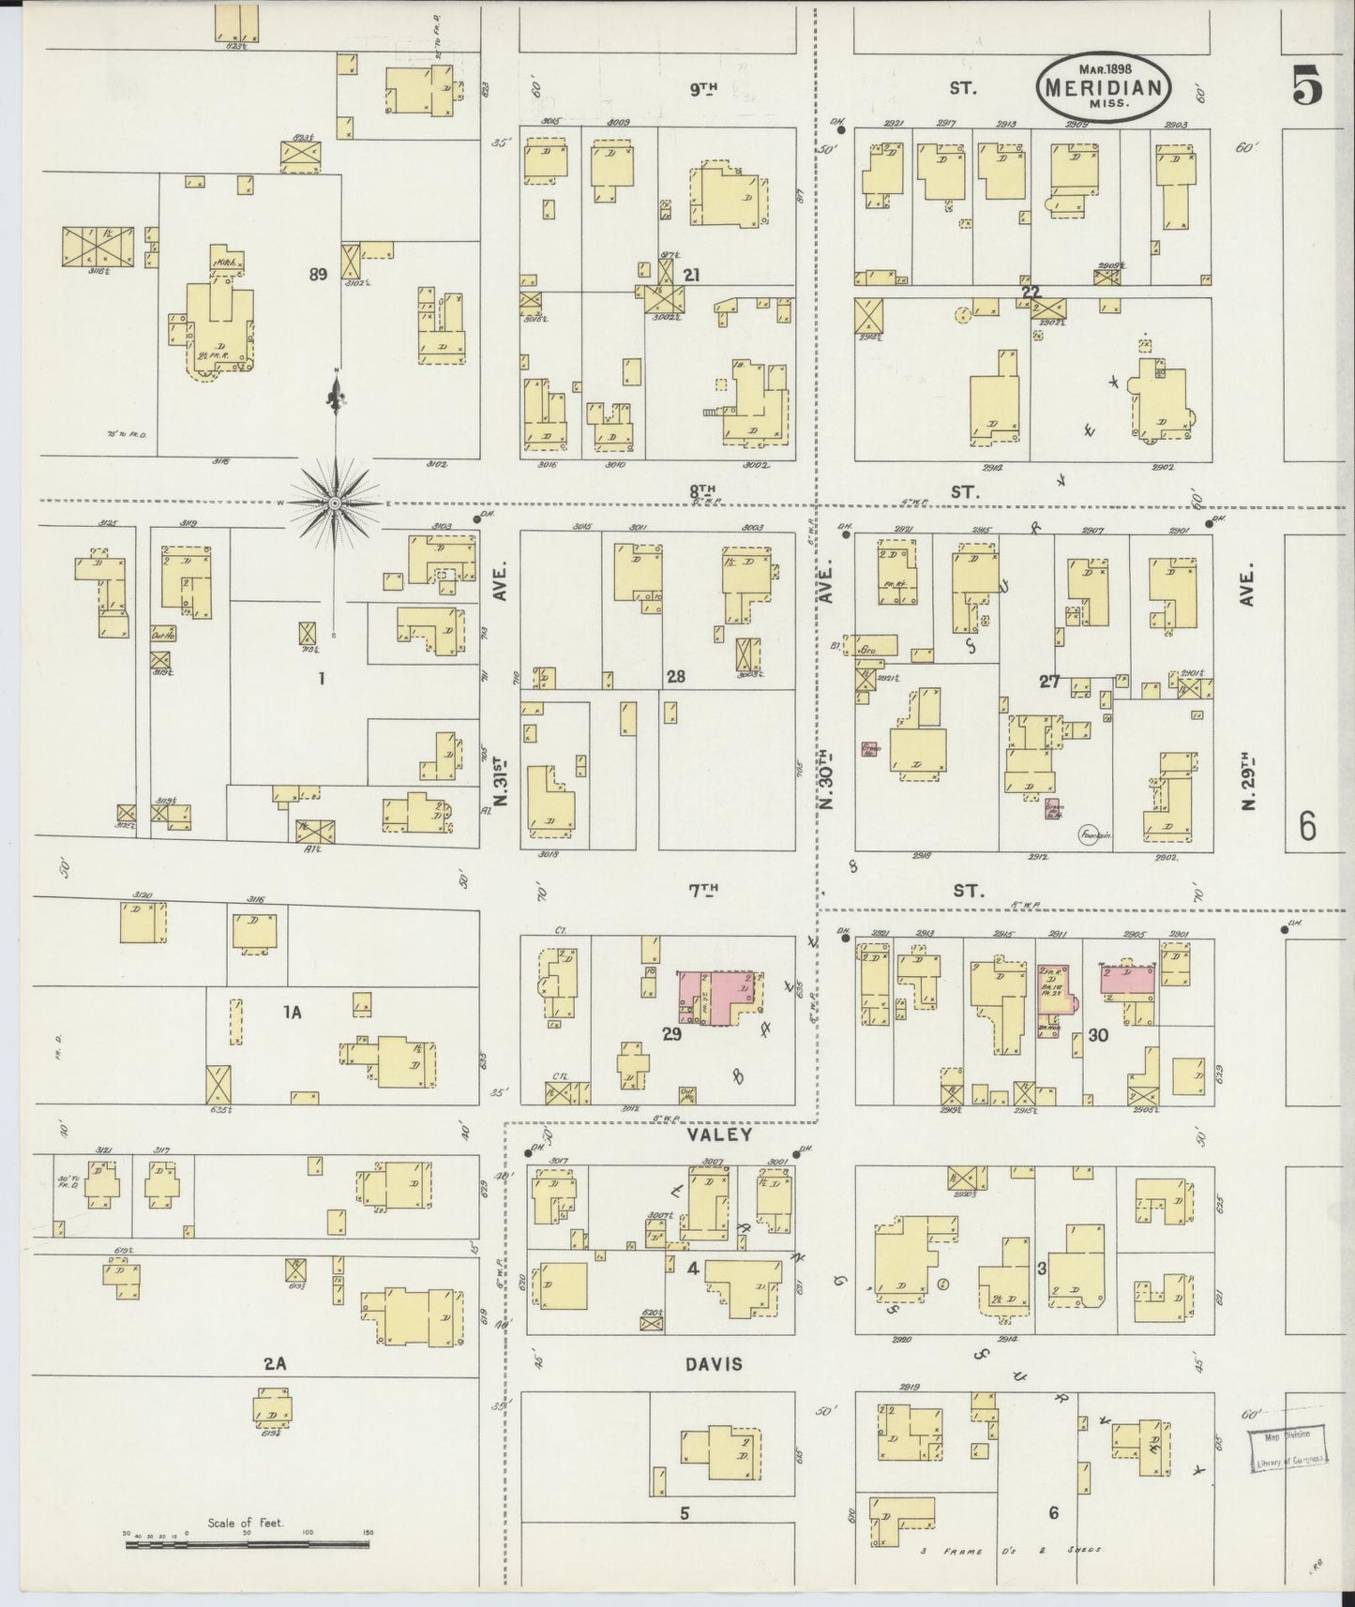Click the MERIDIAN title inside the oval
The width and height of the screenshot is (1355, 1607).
coord(1103,89)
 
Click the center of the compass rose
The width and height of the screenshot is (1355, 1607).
coord(335,503)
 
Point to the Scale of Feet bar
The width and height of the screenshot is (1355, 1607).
coord(248,1539)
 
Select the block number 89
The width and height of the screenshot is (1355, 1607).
coord(318,275)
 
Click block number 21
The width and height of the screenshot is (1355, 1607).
coord(692,275)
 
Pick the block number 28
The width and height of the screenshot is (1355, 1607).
coord(674,676)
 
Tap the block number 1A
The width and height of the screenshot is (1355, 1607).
coord(294,1012)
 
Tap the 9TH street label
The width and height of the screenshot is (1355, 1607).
coord(703,89)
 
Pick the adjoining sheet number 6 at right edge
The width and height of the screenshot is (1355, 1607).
coord(1308,827)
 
